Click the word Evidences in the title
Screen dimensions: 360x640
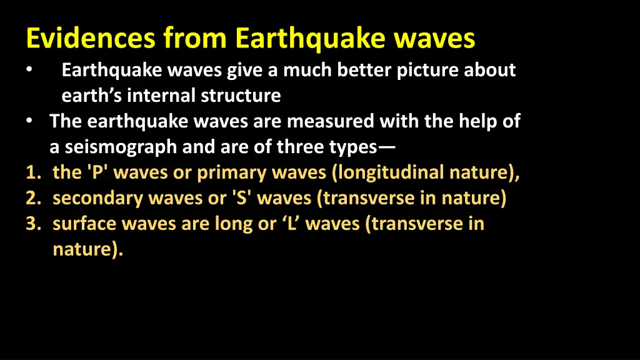[x=91, y=39]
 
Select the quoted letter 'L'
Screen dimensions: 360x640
[x=291, y=224]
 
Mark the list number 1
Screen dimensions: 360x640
[x=31, y=172]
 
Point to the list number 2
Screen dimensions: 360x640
[x=31, y=198]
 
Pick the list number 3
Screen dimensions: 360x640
[x=31, y=224]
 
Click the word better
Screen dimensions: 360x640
[x=365, y=71]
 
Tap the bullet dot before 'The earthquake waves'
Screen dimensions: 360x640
[x=30, y=121]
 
